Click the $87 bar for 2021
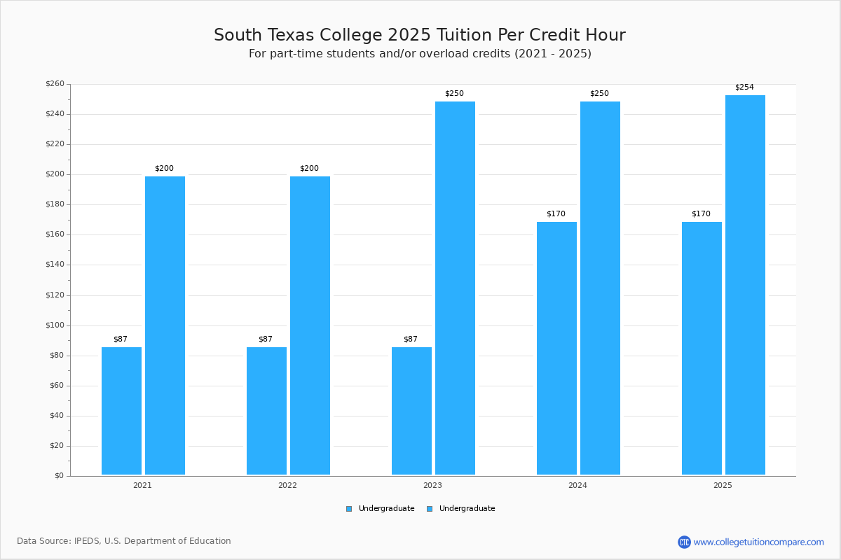pos(121,411)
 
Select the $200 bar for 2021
pos(165,325)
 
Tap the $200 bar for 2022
pos(310,325)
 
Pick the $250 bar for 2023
pos(455,288)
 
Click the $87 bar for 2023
pos(411,411)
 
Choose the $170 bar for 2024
pos(556,349)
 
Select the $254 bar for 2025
pos(745,285)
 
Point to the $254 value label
pos(744,87)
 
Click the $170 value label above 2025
pos(701,214)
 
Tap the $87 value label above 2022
pos(266,339)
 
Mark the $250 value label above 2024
pos(599,94)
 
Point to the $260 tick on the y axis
pos(55,84)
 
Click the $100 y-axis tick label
pos(55,325)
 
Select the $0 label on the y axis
pos(59,476)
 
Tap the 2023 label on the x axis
pos(432,485)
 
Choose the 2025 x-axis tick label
pos(723,485)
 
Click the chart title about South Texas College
pos(420,35)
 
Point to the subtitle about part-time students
pos(420,54)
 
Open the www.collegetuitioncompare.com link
pos(758,542)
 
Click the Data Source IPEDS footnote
pos(124,541)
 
